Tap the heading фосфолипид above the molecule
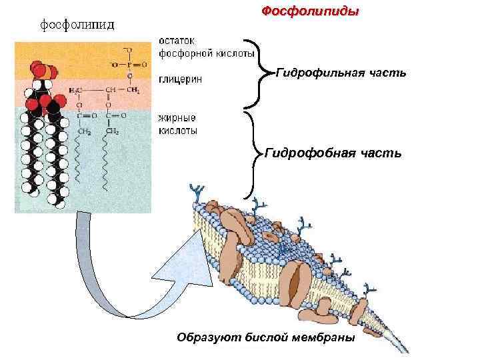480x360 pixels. (78, 25)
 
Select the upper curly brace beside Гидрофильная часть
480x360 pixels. (256, 73)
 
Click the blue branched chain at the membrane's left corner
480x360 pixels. (197, 193)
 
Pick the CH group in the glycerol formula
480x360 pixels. (109, 89)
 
